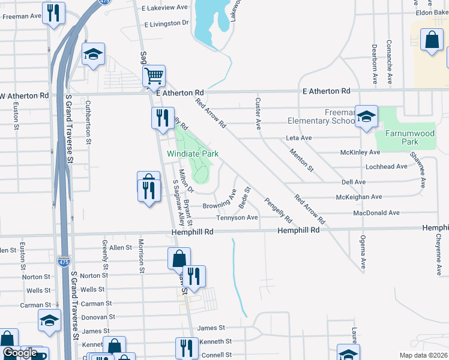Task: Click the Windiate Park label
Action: click(x=192, y=154)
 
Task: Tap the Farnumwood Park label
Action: click(x=402, y=137)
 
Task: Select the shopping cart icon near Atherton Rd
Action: click(x=154, y=76)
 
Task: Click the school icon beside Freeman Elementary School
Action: click(x=366, y=116)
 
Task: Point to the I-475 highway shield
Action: click(x=63, y=262)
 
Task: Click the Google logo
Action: click(x=20, y=353)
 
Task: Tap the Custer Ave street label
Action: click(x=259, y=113)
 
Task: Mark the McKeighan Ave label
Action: click(x=359, y=197)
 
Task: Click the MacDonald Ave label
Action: click(x=376, y=213)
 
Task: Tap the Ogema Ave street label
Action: click(x=363, y=253)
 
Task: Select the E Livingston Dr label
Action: click(x=166, y=23)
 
